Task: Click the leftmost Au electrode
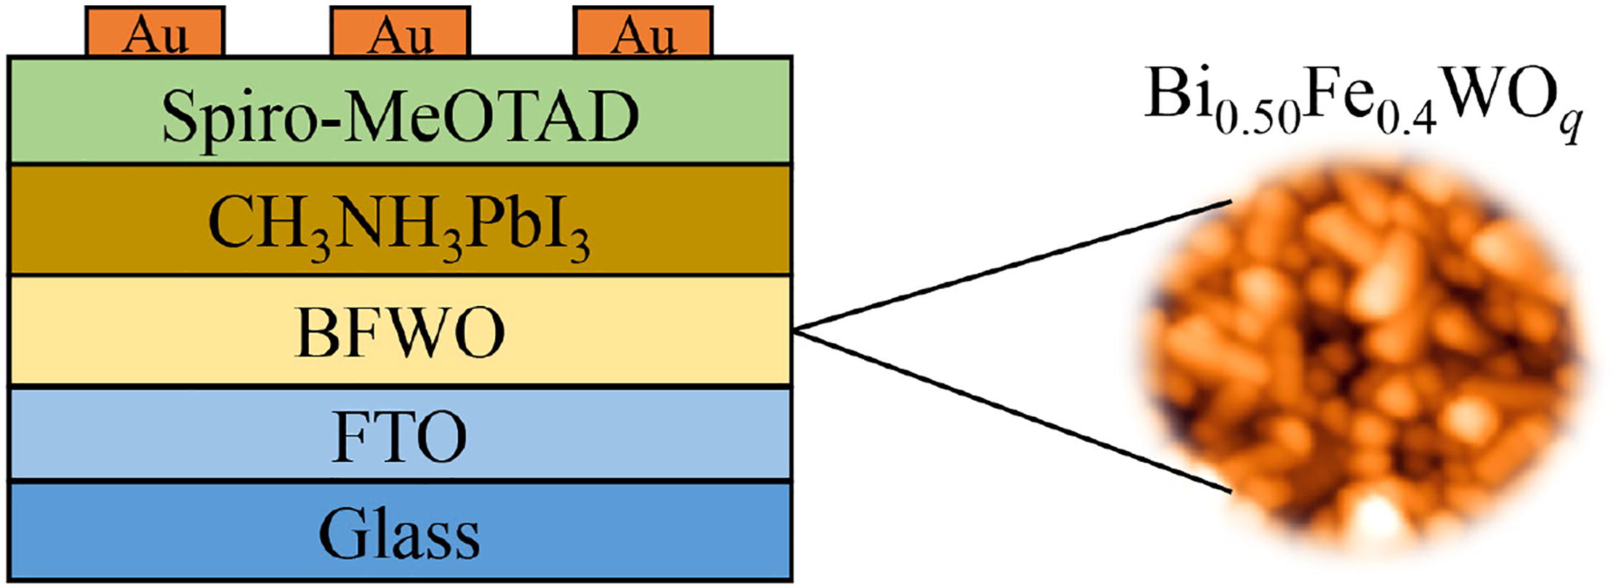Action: (155, 32)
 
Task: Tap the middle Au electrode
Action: (400, 32)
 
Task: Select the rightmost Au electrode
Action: (643, 32)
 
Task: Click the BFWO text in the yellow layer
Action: (400, 334)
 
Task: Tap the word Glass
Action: (399, 534)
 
